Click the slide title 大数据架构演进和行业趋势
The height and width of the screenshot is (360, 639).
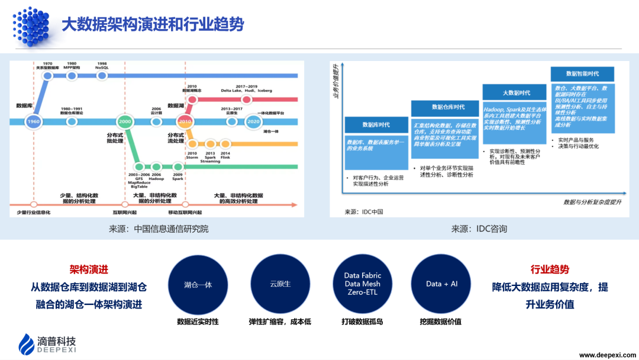153,25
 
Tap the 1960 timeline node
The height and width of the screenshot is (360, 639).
34,123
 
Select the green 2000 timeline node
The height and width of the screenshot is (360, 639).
124,122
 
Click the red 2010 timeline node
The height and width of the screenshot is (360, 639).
185,122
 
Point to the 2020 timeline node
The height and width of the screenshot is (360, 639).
253,122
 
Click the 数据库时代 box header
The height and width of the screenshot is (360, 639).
376,125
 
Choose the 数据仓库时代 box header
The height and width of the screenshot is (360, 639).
448,107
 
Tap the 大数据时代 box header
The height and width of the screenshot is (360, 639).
516,93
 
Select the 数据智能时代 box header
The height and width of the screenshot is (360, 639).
582,74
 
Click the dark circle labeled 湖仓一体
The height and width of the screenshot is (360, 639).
198,284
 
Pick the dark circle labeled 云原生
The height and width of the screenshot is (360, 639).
280,284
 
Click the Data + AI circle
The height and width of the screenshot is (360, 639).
441,284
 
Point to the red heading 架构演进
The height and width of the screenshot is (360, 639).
89,269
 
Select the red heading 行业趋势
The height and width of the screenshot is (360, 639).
550,269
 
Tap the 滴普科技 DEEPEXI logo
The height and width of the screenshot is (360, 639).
47,343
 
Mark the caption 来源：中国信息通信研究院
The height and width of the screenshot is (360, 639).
158,229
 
